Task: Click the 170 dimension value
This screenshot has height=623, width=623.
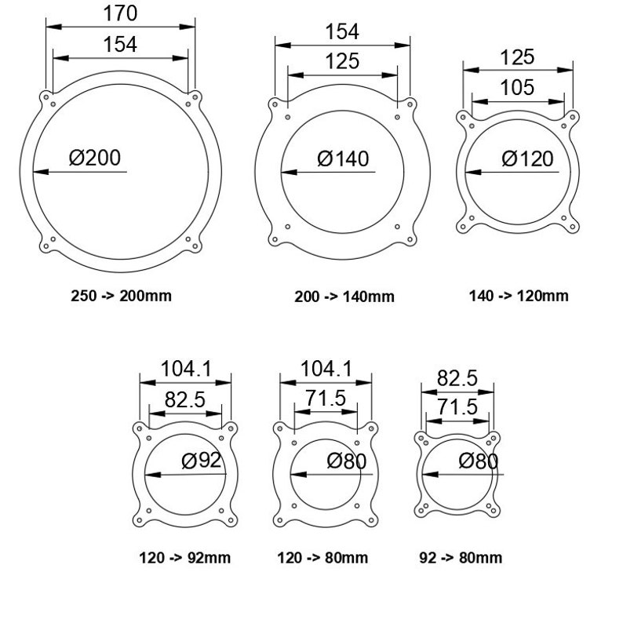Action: (x=120, y=13)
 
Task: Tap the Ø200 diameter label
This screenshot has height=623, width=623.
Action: (x=95, y=158)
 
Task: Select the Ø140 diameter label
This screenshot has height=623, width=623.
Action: (x=343, y=158)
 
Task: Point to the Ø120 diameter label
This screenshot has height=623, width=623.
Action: (x=527, y=158)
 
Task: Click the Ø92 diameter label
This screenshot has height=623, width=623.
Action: (x=201, y=461)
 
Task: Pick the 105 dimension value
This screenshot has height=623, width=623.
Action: (x=517, y=87)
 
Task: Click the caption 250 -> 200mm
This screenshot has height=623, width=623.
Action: (x=121, y=296)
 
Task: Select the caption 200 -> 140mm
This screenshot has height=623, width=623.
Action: (x=344, y=297)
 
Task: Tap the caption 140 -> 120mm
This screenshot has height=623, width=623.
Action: (x=519, y=296)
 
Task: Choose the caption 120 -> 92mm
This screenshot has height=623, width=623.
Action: (x=184, y=558)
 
